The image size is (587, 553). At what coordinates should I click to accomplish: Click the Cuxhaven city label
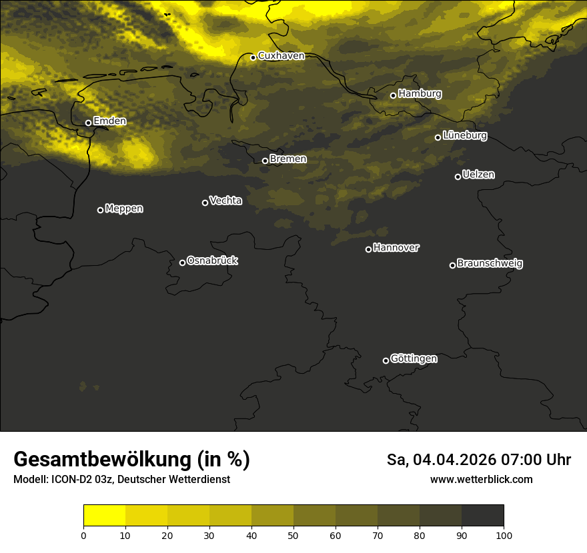pos(281,56)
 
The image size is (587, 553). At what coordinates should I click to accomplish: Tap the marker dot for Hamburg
pos(393,95)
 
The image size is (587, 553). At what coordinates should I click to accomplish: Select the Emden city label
pos(109,121)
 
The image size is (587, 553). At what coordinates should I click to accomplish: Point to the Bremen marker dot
pos(265,161)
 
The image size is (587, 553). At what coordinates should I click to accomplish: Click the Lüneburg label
pos(465,136)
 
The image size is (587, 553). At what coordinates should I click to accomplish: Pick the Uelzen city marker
pos(458,177)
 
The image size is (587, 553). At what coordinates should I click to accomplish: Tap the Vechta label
pos(225,201)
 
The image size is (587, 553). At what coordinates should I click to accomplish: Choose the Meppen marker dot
pos(100,210)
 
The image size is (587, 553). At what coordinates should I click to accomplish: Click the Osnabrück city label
pos(212,261)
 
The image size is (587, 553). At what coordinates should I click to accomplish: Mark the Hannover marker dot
pos(368,249)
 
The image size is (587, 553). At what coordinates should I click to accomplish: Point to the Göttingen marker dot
pos(386,360)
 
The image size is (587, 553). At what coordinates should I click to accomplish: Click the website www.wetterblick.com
pos(481,479)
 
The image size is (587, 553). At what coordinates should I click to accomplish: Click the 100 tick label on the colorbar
pos(504,535)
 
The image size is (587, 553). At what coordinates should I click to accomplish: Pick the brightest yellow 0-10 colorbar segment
pos(104,516)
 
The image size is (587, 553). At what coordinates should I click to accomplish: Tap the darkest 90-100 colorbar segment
pos(482,516)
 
